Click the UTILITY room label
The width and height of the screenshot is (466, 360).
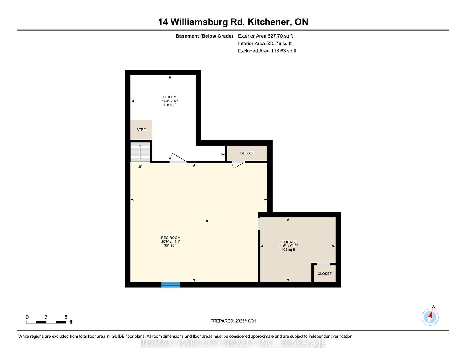[x=170, y=97]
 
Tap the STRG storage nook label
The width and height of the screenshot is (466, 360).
[x=141, y=130]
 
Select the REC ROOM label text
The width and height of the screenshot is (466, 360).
[x=171, y=238]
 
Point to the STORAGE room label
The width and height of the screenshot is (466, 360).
[x=288, y=242]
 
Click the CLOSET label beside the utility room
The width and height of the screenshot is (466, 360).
[x=247, y=153]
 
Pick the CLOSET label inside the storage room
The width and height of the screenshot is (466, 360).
[x=325, y=274]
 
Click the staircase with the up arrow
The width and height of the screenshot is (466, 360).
[x=140, y=152]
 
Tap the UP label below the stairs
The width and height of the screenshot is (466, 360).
[x=140, y=166]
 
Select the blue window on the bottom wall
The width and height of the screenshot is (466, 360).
[x=171, y=285]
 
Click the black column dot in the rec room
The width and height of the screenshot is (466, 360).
[x=207, y=221]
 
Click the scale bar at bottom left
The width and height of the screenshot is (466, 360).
[x=46, y=322]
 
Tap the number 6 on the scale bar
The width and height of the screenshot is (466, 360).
[x=66, y=317]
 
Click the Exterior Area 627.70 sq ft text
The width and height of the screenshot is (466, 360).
[x=265, y=36]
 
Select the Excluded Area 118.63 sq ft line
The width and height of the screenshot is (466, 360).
[x=267, y=51]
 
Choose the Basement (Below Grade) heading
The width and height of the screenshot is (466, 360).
[x=204, y=36]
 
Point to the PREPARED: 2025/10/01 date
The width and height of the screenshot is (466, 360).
[x=233, y=321]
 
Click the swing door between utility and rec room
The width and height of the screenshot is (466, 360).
[x=178, y=158]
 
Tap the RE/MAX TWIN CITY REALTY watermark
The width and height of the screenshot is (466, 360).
[x=233, y=343]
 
